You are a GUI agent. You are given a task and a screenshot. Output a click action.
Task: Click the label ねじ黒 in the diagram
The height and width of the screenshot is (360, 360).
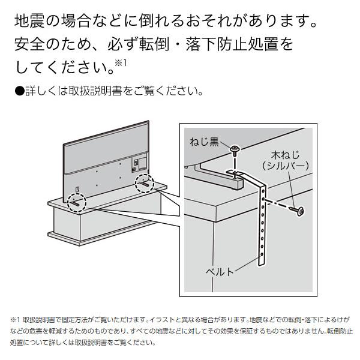pyautogui.click(x=205, y=143)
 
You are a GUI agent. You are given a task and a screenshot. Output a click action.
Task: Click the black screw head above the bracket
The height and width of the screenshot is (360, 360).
pyautogui.click(x=234, y=148)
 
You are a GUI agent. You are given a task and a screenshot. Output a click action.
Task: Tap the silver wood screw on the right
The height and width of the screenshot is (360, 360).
pyautogui.click(x=296, y=210)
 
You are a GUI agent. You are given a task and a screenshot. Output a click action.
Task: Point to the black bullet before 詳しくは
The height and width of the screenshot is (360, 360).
pyautogui.click(x=18, y=91)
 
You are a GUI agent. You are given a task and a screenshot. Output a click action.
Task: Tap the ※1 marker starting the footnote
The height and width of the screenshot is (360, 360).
pyautogui.click(x=16, y=320)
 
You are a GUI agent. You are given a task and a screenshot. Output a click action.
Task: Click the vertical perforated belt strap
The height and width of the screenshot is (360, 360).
pyautogui.click(x=262, y=228)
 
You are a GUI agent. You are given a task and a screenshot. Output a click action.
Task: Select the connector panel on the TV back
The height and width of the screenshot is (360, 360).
pyautogui.click(x=136, y=161)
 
